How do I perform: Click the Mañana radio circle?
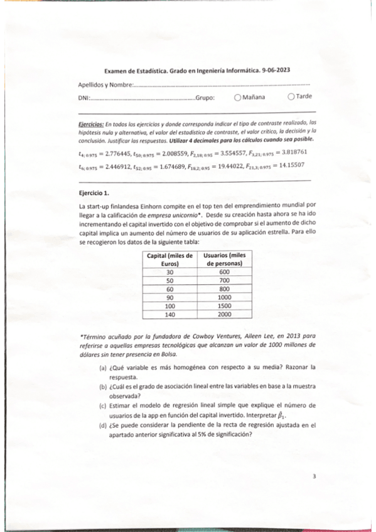[237, 97]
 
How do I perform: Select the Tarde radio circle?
[291, 97]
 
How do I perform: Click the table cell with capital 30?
[169, 272]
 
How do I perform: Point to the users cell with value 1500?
[224, 306]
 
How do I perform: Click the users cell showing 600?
[224, 272]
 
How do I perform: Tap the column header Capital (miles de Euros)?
[169, 260]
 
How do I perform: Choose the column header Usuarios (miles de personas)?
[224, 260]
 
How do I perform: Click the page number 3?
[314, 477]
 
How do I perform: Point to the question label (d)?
[102, 425]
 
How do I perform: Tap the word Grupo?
[205, 98]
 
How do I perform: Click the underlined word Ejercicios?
[89, 124]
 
